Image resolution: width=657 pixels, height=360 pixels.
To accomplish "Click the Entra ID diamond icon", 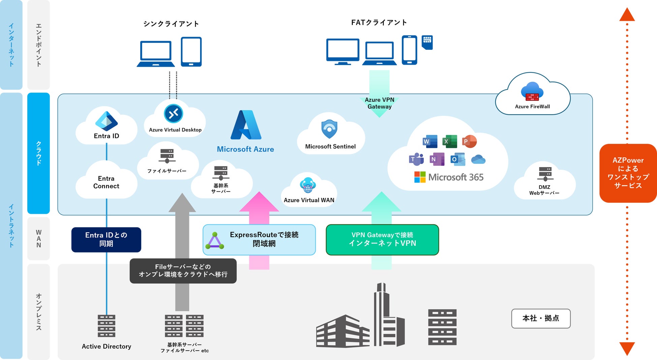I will pos(106,121).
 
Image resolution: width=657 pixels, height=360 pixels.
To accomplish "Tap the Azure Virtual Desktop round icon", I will pos(174,114).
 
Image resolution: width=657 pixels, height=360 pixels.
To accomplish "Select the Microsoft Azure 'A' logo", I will pos(246,125).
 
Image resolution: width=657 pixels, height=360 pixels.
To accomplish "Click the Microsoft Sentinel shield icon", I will pos(329,129).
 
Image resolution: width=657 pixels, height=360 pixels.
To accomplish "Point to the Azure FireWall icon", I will pos(532,92).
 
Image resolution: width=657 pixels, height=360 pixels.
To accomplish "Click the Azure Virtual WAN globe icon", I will pos(308,185).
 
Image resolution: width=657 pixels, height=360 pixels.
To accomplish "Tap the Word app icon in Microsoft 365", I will pos(430,141).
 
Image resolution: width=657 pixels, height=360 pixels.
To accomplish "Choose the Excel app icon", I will pos(449,141).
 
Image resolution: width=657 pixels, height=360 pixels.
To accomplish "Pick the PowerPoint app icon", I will pos(469,141).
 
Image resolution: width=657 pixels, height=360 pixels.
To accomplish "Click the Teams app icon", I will pos(416,159).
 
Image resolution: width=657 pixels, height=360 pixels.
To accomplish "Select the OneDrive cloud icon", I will pos(478,159).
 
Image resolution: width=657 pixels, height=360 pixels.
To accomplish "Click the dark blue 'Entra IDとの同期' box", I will pos(106,239).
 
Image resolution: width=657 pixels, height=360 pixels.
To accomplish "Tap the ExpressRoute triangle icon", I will pos(215,241).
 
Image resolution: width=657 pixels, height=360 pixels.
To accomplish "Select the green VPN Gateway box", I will pos(382,239).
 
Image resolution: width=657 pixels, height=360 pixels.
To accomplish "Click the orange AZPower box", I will pos(628,173).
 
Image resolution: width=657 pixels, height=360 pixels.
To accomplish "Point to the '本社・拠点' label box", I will pos(541,318).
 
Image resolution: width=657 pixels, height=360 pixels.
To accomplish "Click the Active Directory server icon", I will pos(106,326).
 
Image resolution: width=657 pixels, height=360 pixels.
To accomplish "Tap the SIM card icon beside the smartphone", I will pos(427,42).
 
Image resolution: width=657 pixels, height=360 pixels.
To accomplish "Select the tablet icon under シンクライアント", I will pos(191,52).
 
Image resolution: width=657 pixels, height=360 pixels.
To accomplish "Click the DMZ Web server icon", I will pos(545,174).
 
